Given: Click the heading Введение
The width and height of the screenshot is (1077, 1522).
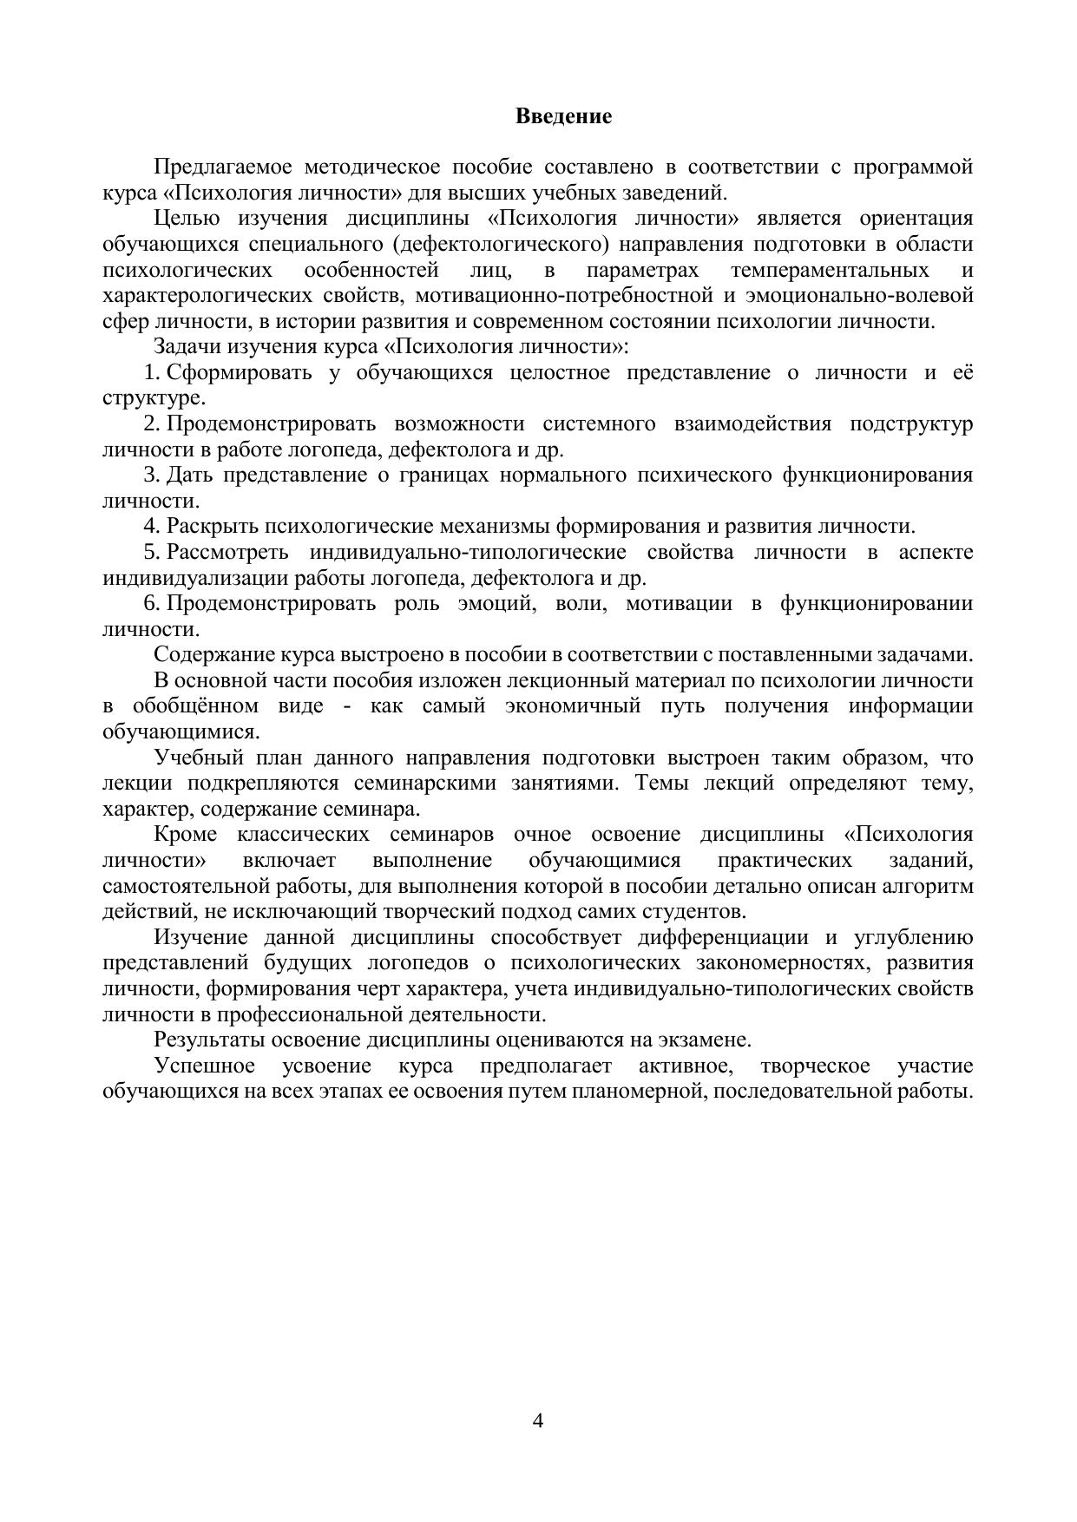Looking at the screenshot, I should pyautogui.click(x=563, y=116).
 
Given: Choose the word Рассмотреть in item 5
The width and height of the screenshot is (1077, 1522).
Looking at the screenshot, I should pyautogui.click(x=227, y=553).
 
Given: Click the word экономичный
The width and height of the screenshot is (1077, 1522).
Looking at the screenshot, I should pyautogui.click(x=573, y=706).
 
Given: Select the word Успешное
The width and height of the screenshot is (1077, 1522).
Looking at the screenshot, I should pyautogui.click(x=205, y=1066).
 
